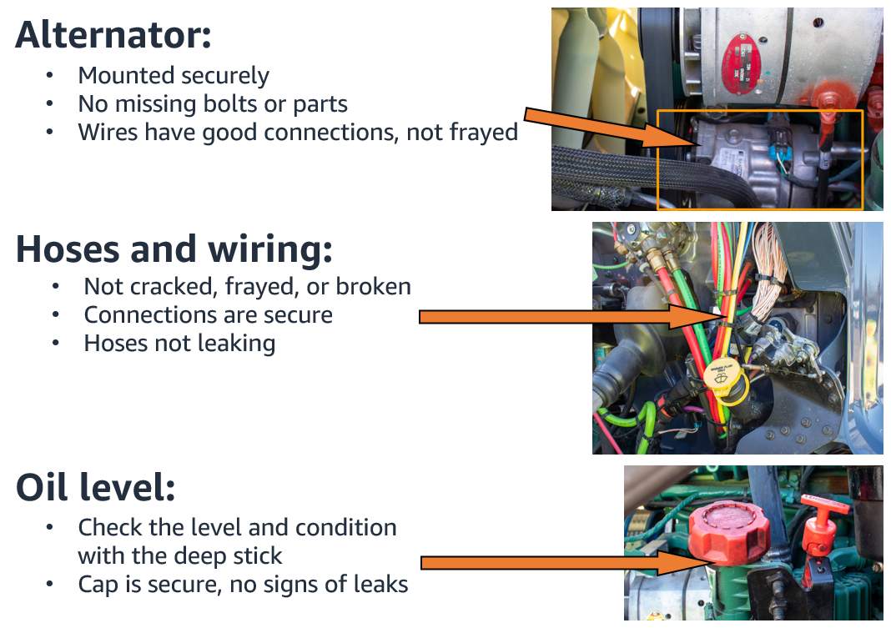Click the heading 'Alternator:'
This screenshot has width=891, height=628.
click(x=113, y=35)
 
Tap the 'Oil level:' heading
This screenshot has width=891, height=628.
click(x=95, y=489)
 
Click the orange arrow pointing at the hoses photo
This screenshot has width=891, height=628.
click(x=567, y=317)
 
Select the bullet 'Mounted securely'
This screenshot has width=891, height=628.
click(x=174, y=75)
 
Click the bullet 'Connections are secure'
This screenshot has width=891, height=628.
click(x=208, y=314)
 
